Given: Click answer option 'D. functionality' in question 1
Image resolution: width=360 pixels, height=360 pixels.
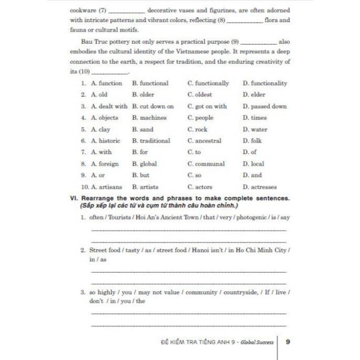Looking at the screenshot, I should pyautogui.click(x=265, y=83).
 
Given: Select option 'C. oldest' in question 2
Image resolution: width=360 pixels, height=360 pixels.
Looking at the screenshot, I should pyautogui.click(x=199, y=95).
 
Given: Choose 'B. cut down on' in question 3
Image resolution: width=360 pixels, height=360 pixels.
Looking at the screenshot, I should pyautogui.click(x=152, y=106).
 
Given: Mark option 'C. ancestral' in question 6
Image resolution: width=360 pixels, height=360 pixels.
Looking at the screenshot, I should pyautogui.click(x=204, y=141).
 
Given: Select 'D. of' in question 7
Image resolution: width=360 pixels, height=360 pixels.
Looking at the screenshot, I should pyautogui.click(x=249, y=152).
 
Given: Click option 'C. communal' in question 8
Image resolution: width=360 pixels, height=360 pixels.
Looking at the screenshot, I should pyautogui.click(x=205, y=163).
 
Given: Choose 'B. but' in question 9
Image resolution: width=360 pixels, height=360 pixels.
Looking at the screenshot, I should pyautogui.click(x=140, y=175).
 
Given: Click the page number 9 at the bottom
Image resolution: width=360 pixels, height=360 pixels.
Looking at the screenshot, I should pyautogui.click(x=287, y=342).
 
